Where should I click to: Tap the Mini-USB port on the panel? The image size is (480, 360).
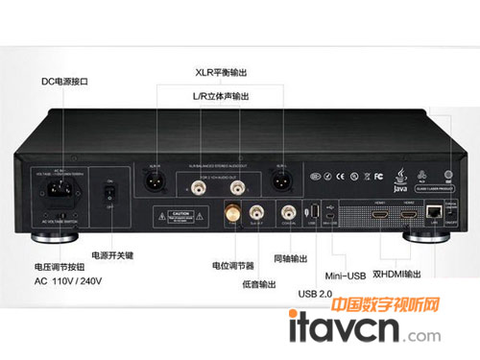[x=330, y=213]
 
